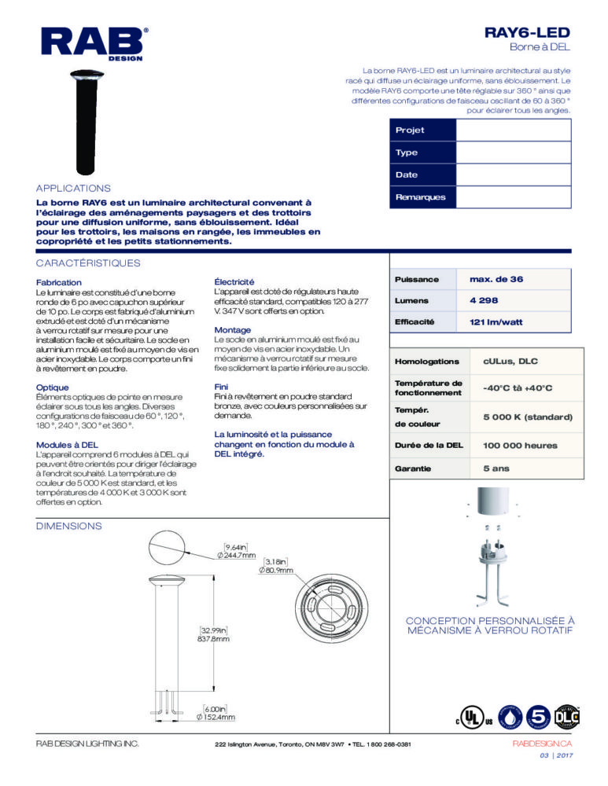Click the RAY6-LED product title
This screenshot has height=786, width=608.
click(x=527, y=33)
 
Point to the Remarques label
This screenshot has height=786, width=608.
click(x=420, y=196)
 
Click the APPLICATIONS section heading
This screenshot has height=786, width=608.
click(x=73, y=189)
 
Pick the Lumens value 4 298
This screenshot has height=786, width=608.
click(x=484, y=300)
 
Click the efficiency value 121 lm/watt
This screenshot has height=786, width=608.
click(x=496, y=321)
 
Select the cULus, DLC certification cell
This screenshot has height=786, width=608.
click(x=506, y=362)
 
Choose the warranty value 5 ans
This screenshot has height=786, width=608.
click(x=495, y=470)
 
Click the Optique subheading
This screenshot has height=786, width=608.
click(x=53, y=387)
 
